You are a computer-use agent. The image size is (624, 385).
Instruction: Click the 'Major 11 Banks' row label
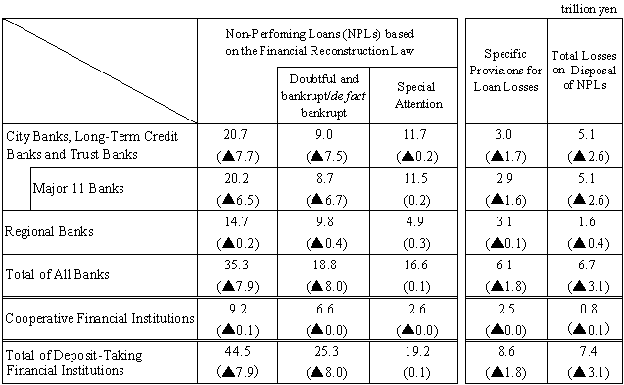75,189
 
